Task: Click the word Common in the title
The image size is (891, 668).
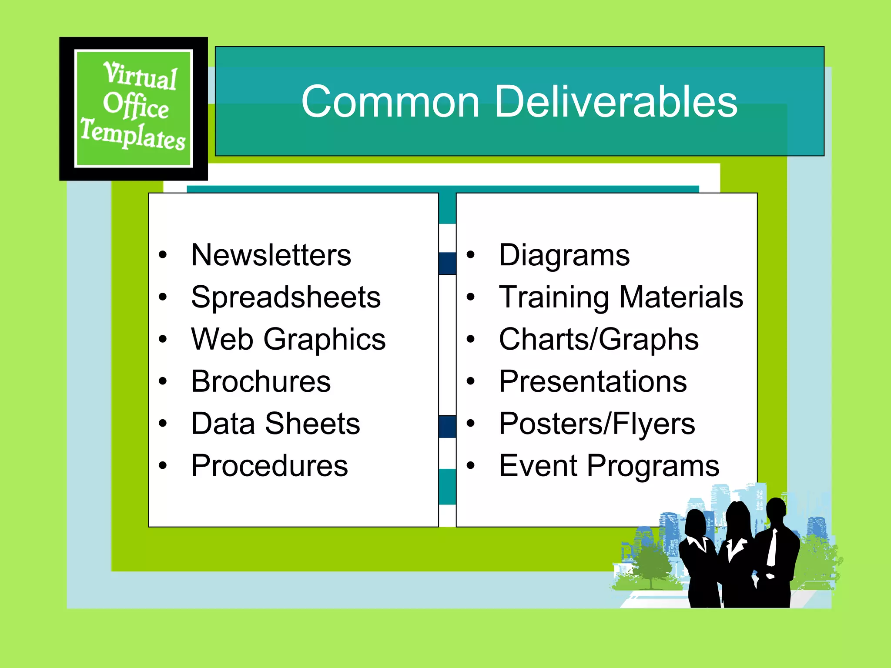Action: (390, 102)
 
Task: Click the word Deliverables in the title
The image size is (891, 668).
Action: (616, 102)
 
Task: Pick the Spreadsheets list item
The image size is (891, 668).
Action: (286, 297)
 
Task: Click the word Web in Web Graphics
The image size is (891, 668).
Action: (222, 339)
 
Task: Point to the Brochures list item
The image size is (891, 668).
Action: (261, 381)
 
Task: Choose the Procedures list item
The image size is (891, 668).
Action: (270, 466)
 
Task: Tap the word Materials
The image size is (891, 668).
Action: (681, 297)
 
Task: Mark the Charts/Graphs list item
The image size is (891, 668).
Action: (599, 339)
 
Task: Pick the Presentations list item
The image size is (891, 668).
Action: (593, 381)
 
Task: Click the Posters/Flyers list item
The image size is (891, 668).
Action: (597, 424)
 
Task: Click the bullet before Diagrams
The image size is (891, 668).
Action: (471, 255)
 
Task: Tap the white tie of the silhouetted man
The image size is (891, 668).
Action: (772, 548)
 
